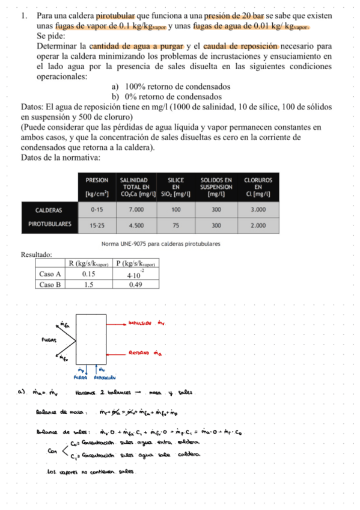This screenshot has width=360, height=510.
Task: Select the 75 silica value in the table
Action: click(175, 225)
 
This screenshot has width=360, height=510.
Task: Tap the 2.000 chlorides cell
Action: click(258, 225)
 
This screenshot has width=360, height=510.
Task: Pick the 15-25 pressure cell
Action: click(97, 225)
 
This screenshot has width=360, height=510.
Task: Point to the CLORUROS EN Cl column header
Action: click(258, 186)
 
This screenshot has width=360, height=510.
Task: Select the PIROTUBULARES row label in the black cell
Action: click(50, 225)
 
